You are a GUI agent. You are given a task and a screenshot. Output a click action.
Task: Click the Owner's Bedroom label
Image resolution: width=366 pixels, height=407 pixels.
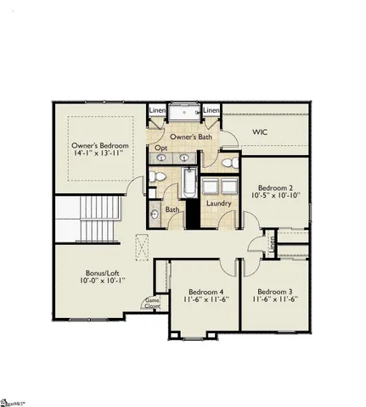tap(100, 146)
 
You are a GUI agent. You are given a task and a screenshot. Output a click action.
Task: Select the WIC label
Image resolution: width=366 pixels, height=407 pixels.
tap(261, 132)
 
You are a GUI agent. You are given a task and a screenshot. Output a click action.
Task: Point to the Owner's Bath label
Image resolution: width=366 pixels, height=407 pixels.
tap(190, 137)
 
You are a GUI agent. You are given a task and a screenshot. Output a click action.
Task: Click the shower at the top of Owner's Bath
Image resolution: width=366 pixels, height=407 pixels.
tap(183, 114)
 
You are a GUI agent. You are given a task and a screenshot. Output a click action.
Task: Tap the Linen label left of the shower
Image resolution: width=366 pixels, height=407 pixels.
tap(158, 111)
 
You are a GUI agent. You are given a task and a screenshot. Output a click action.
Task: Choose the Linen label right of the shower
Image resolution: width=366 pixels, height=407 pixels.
tap(211, 111)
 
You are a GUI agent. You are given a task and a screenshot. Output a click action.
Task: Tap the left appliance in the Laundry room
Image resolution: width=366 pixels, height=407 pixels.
tap(209, 187)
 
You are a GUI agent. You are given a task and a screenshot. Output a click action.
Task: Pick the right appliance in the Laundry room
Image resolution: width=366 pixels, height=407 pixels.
tap(229, 187)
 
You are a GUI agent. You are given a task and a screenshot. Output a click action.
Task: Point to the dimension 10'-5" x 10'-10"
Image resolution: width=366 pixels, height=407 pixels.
tap(276, 196)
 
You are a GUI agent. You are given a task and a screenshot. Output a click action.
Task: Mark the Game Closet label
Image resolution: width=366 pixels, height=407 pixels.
tap(153, 302)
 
